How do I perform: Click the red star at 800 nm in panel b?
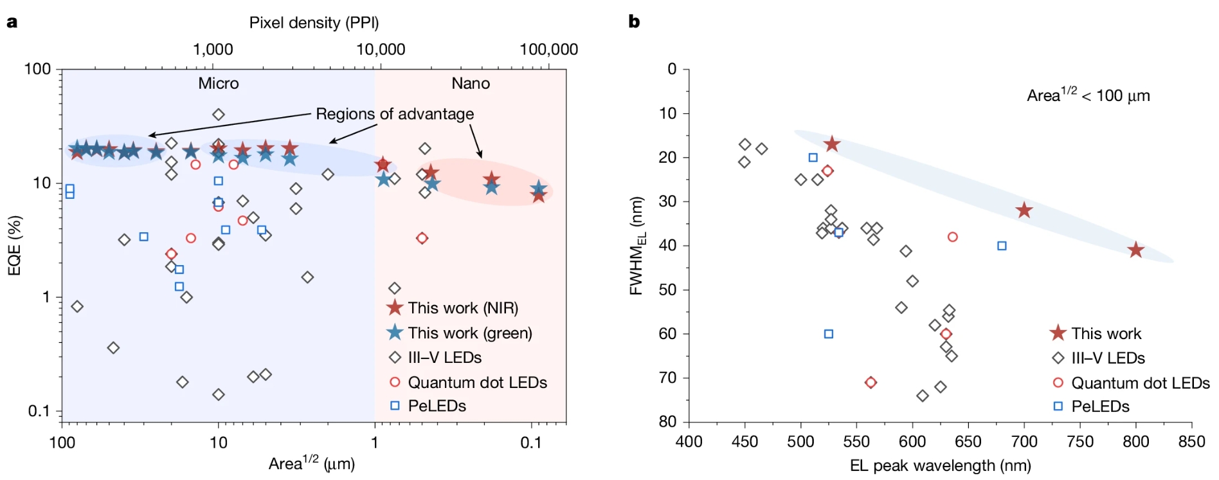[x=1135, y=250]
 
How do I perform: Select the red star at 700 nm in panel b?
[x=1024, y=210]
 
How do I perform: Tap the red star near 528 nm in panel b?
[x=832, y=144]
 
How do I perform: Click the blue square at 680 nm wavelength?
[x=1002, y=246]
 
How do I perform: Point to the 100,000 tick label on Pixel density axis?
[x=548, y=50]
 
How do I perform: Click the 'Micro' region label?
[x=218, y=84]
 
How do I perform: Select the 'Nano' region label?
[x=471, y=84]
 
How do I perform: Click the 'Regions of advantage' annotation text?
[x=395, y=114]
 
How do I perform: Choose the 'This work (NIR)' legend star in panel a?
[x=395, y=308]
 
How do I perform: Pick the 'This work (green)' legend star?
[x=395, y=333]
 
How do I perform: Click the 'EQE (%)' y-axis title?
[x=14, y=245]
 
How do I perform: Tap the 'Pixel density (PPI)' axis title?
[x=314, y=23]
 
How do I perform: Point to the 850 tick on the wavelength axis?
[x=1191, y=441]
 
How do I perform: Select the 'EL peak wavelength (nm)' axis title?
[x=940, y=465]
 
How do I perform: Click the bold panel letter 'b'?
[x=634, y=22]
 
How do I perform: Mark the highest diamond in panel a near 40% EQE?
[x=219, y=115]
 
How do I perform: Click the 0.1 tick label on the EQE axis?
[x=39, y=411]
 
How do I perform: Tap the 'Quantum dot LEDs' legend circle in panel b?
[x=1058, y=383]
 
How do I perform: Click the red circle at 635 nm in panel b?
[x=952, y=237]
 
